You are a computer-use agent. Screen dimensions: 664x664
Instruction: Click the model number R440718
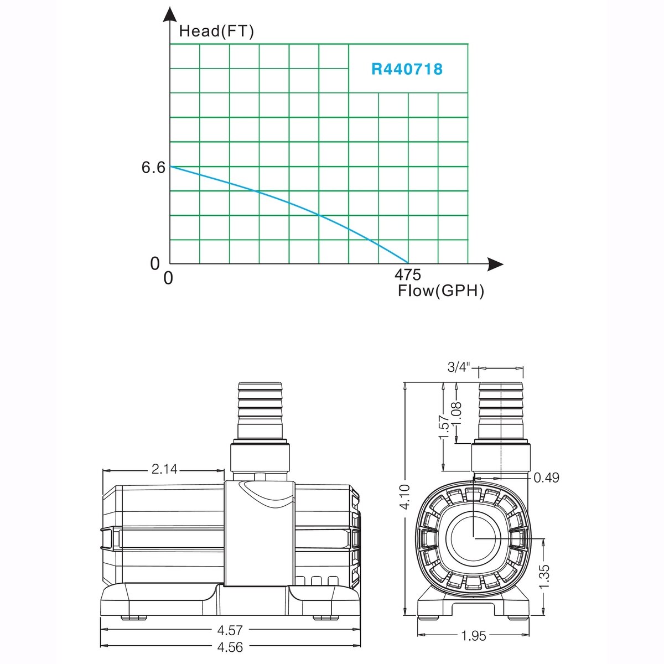pyautogui.click(x=407, y=69)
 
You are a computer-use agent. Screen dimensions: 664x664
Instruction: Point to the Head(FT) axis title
pyautogui.click(x=216, y=31)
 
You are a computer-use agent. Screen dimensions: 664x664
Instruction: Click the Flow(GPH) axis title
pyautogui.click(x=441, y=290)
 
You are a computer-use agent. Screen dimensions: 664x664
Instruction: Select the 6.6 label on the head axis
pyautogui.click(x=153, y=168)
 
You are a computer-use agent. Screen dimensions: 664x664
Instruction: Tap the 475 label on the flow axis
pyautogui.click(x=408, y=274)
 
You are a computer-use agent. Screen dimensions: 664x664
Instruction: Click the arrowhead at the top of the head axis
pyautogui.click(x=169, y=14)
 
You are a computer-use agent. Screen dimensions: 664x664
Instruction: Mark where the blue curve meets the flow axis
pyautogui.click(x=408, y=263)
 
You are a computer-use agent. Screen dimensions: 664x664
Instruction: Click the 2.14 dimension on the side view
pyautogui.click(x=164, y=469)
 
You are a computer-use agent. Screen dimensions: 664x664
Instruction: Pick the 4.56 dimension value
pyautogui.click(x=230, y=647)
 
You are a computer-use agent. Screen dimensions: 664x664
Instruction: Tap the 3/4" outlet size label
pyautogui.click(x=459, y=367)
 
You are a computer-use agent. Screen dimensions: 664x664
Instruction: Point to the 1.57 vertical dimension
pyautogui.click(x=444, y=427)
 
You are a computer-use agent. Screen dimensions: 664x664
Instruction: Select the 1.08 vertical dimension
pyautogui.click(x=456, y=413)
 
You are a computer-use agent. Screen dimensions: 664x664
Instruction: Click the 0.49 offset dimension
pyautogui.click(x=546, y=478)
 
